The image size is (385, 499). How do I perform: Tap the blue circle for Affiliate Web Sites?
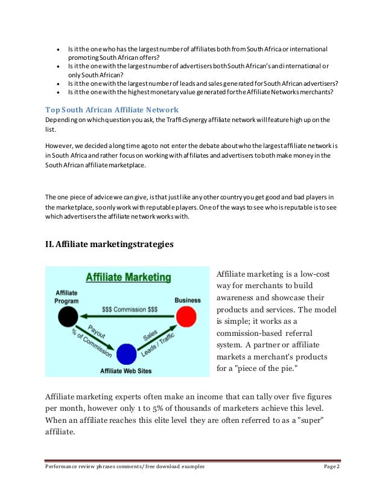126,354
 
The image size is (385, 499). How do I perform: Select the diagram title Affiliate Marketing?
128,278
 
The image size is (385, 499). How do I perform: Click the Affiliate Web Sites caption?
126,370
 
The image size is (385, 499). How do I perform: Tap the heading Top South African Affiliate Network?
112,109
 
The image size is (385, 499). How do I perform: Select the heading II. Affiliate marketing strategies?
110,245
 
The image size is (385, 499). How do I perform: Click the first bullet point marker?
57,48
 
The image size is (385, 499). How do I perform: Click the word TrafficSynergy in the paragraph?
179,120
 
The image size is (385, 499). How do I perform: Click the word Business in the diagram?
188,300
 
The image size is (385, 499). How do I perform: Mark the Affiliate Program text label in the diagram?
66,295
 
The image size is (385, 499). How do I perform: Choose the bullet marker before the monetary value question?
57,92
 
